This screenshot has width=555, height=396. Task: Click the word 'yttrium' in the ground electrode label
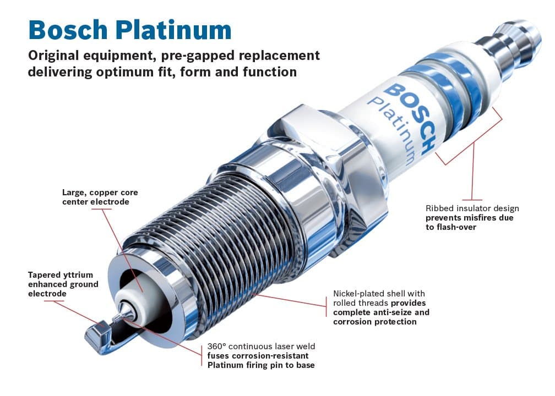(x=77, y=274)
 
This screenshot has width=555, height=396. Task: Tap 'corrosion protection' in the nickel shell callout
(x=374, y=322)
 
